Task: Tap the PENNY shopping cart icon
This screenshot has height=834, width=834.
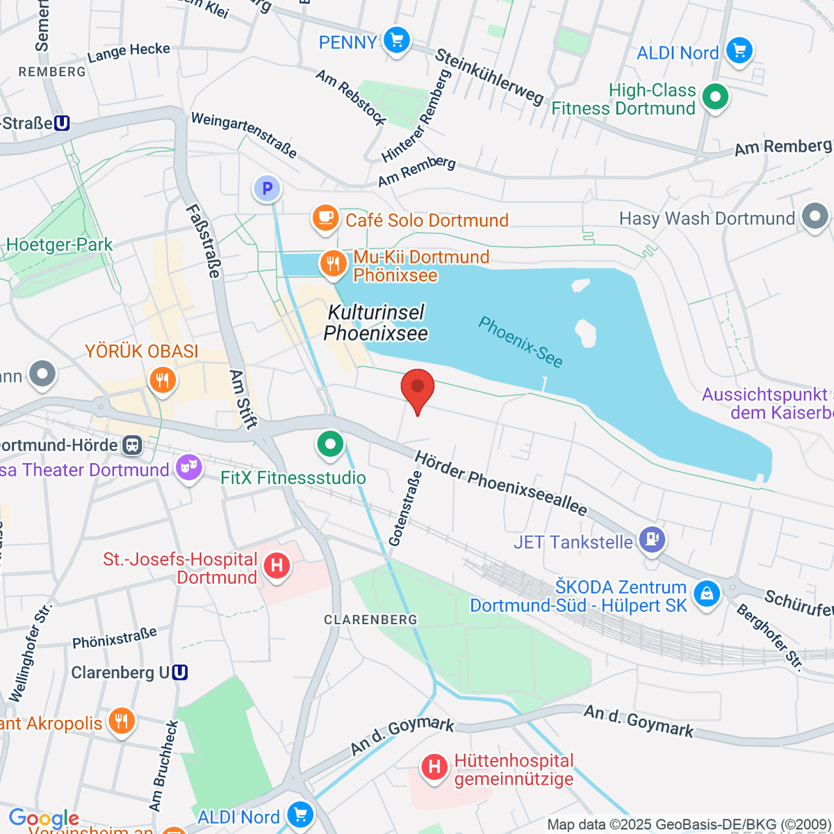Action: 397,40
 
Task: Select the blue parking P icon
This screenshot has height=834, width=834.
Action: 267,188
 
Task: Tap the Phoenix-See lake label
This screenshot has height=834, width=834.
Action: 521,341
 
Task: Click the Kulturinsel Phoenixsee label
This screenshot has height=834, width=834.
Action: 376,323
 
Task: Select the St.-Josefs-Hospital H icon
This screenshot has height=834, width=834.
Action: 277,566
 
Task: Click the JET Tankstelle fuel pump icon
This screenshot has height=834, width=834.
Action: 652,540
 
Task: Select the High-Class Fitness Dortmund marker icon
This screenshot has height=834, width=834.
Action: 714,97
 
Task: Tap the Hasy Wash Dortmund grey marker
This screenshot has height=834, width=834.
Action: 815,216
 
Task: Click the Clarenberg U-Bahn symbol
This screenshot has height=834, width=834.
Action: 180,673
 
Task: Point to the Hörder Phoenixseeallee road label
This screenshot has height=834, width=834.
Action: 501,483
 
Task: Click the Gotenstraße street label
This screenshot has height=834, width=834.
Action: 405,509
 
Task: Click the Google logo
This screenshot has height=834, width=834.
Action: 43,818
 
